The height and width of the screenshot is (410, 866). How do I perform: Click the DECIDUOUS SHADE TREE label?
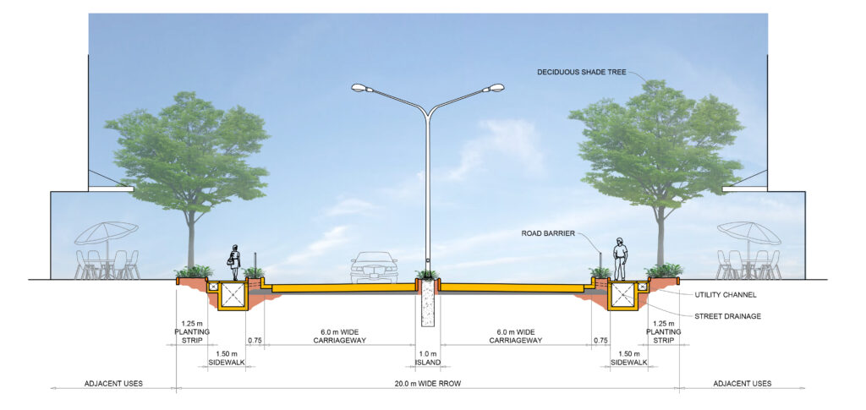581,73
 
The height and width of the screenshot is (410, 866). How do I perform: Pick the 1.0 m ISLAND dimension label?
428,358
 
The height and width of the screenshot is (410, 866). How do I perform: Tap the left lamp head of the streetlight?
359,88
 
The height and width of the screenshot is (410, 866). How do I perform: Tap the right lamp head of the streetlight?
496,87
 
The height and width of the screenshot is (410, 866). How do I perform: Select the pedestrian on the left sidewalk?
235,262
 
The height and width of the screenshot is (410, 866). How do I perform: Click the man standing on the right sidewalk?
620,259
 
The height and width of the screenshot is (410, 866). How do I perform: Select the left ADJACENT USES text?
113,384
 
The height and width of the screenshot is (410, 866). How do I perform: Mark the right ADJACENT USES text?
742,384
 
